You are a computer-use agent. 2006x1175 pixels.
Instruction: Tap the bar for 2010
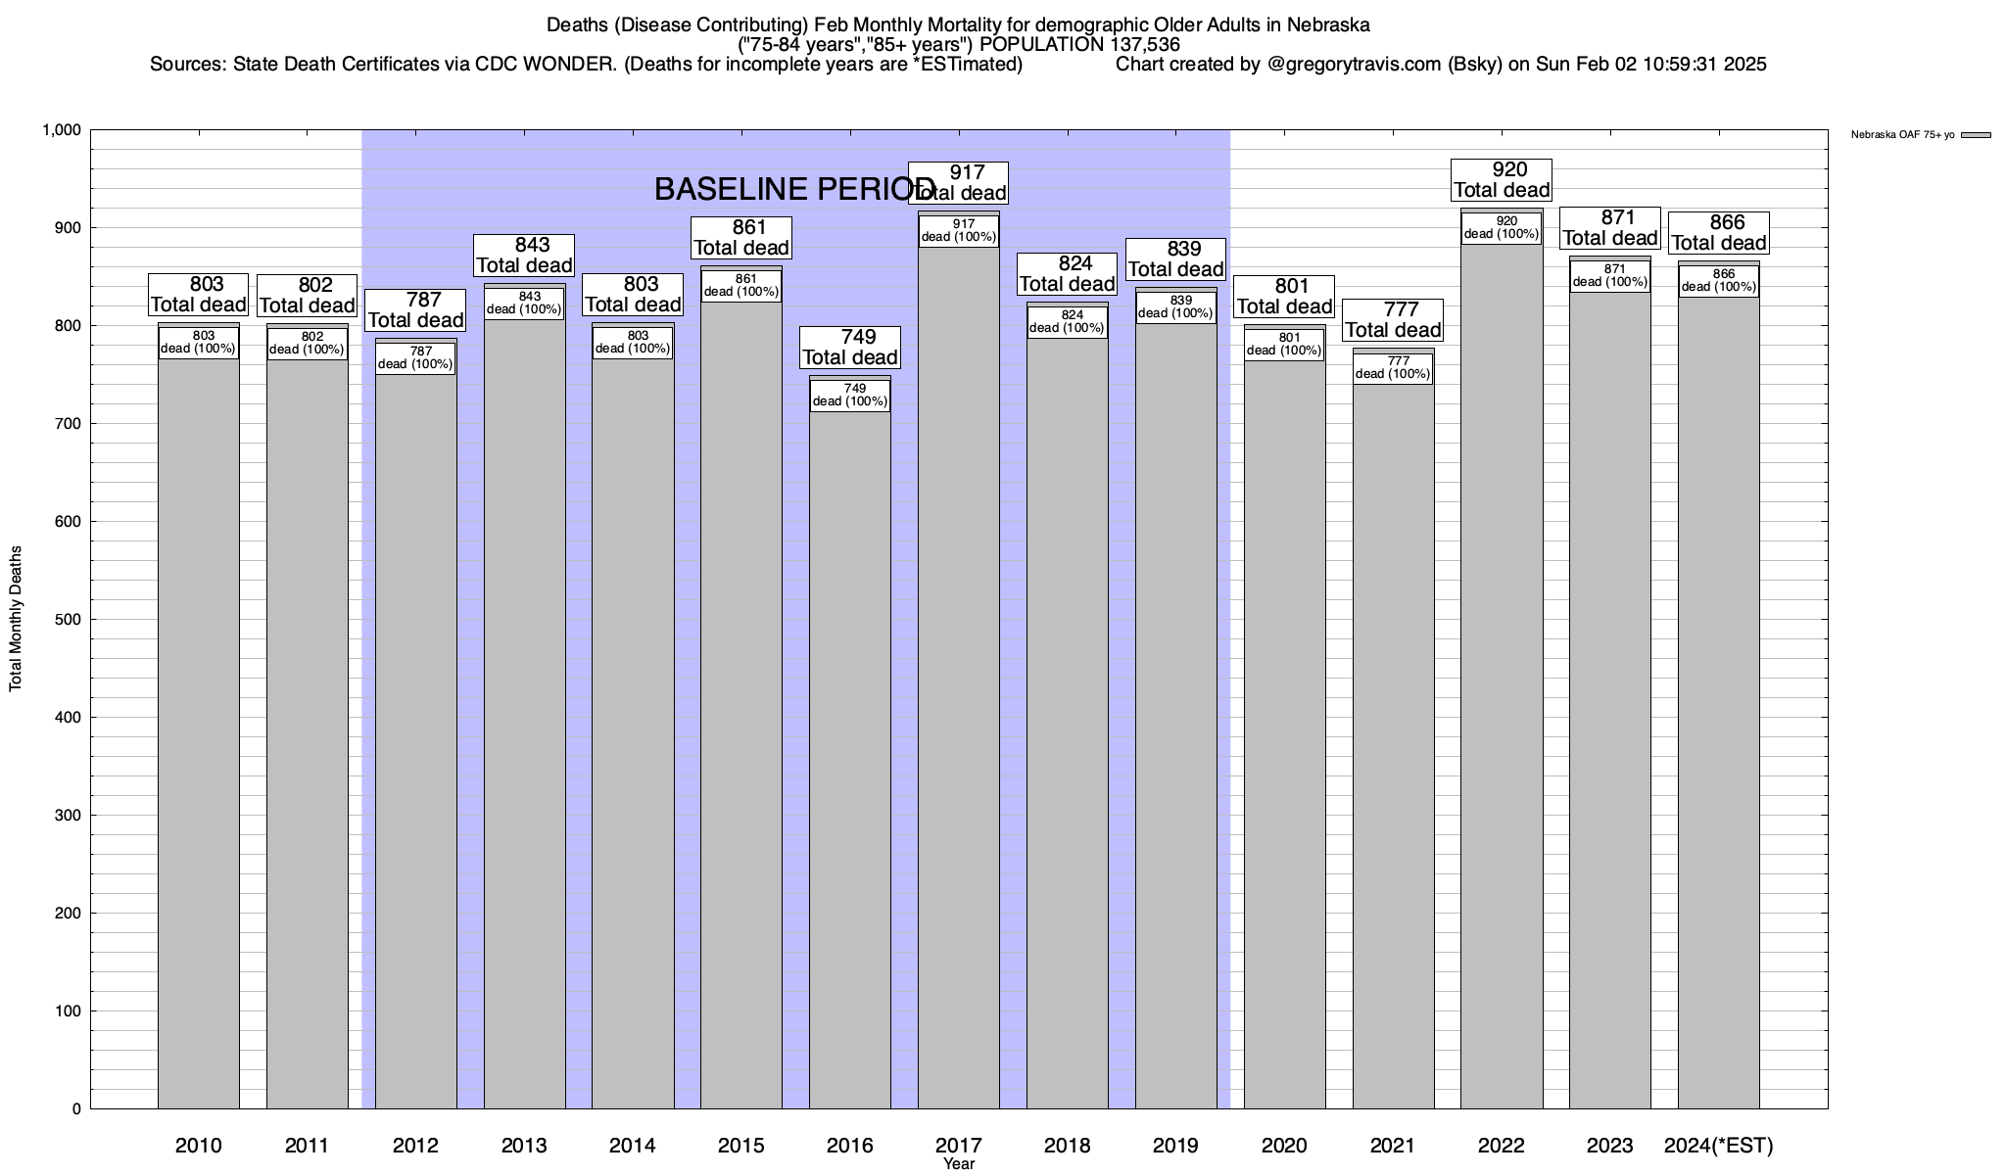click(199, 734)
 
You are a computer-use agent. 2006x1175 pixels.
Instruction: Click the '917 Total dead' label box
click(958, 183)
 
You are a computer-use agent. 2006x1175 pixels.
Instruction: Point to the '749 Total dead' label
click(850, 348)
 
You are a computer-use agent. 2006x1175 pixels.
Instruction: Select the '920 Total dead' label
click(1502, 180)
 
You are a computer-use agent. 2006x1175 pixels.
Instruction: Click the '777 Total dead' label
click(1393, 320)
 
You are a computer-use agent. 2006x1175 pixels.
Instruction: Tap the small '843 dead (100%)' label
click(524, 304)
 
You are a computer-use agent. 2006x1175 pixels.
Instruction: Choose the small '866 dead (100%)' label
click(1718, 281)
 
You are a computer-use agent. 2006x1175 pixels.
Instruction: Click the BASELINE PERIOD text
click(794, 189)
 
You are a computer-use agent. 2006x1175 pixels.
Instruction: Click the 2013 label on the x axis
click(524, 1146)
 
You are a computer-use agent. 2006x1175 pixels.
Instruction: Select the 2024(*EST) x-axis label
click(1718, 1146)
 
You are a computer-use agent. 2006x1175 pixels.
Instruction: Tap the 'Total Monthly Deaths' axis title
click(16, 619)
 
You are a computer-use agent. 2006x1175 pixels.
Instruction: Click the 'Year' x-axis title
click(959, 1164)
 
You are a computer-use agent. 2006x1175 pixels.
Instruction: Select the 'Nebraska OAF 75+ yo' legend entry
click(1902, 135)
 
